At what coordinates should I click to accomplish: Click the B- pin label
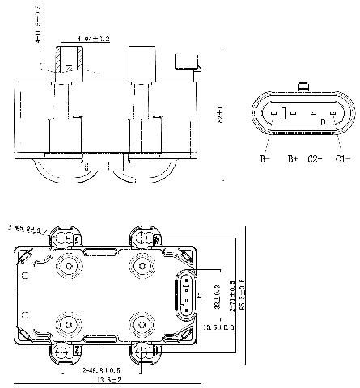pos(264,159)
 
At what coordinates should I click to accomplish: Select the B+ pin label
pos(293,159)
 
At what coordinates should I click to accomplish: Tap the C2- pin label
pos(315,159)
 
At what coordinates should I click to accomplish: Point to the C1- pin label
pos(342,159)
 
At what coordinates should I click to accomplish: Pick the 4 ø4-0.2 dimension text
pos(94,39)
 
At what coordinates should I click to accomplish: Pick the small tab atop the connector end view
pos(304,86)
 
